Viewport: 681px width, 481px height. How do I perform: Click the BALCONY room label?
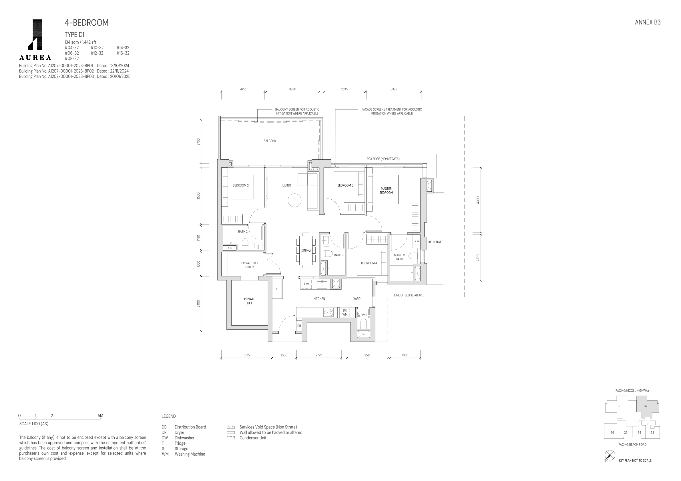click(x=270, y=141)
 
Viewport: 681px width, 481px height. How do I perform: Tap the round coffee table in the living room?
click(x=294, y=200)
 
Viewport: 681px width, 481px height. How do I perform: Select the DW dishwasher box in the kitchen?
click(x=306, y=284)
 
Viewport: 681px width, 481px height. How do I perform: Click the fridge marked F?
click(x=277, y=289)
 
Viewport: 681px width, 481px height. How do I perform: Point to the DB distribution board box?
click(x=299, y=326)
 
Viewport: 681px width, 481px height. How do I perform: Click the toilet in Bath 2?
click(x=245, y=243)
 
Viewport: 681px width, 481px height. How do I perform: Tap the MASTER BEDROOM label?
click(x=386, y=191)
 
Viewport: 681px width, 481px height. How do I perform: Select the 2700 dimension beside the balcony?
click(x=198, y=142)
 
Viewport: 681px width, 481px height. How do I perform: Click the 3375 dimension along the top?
click(x=394, y=89)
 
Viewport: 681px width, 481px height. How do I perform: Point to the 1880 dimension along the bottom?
click(x=405, y=355)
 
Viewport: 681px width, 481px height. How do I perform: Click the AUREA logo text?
click(x=35, y=57)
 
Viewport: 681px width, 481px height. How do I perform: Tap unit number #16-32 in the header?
click(x=123, y=53)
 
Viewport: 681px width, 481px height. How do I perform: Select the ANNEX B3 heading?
click(x=648, y=22)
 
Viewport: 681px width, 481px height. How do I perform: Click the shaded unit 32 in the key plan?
click(x=647, y=406)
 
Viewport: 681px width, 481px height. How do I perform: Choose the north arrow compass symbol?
click(x=610, y=456)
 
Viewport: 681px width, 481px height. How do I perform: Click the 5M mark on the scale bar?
click(x=100, y=416)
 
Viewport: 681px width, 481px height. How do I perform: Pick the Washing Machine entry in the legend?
click(x=190, y=454)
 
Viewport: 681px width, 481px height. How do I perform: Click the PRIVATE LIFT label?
click(x=250, y=301)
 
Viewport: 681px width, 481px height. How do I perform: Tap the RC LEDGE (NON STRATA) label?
click(x=383, y=159)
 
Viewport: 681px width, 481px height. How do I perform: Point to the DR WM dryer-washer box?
click(x=345, y=312)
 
